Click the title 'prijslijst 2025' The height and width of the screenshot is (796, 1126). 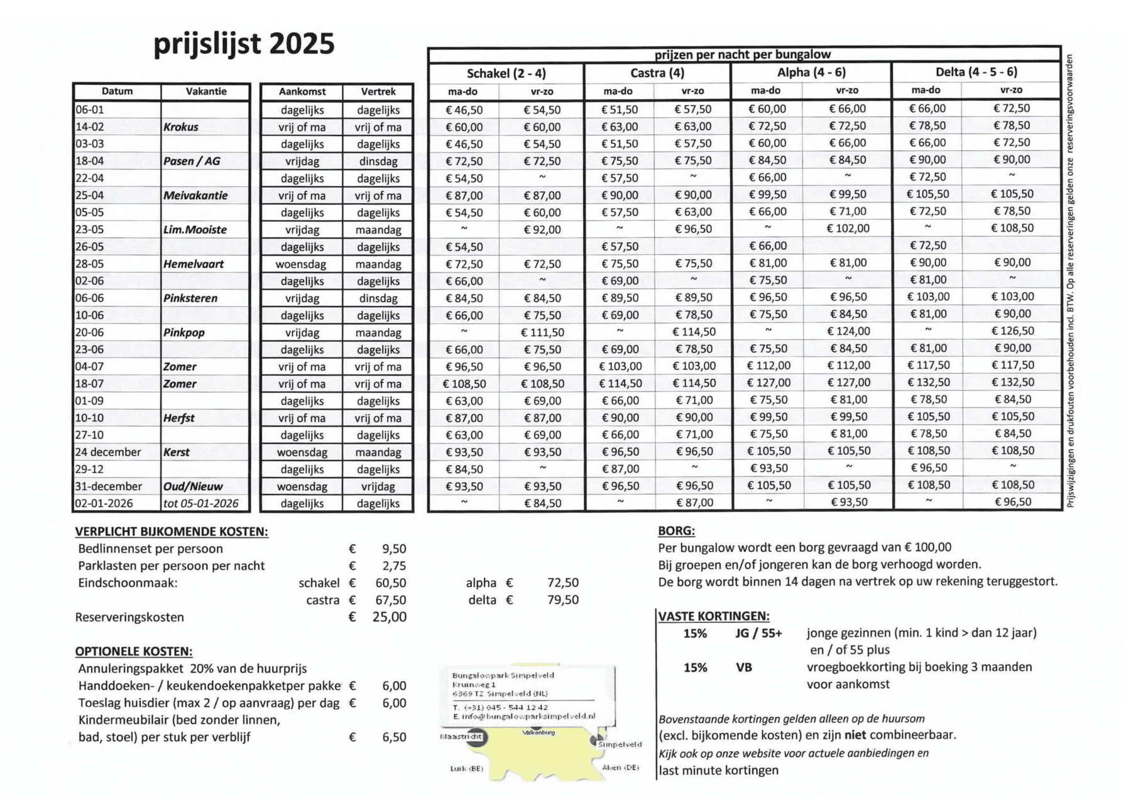[x=244, y=44]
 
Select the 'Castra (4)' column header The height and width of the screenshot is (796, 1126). [x=657, y=73]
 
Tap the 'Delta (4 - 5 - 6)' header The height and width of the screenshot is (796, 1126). [x=976, y=72]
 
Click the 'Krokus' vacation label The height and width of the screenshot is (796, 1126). [x=181, y=127]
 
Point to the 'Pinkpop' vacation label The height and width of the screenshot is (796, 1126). [x=184, y=332]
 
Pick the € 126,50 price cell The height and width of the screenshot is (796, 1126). [x=1012, y=330]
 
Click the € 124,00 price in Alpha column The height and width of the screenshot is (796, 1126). [x=848, y=331]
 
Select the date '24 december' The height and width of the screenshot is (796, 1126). [x=108, y=452]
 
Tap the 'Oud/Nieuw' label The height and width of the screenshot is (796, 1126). [x=193, y=486]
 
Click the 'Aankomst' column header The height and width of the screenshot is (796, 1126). [x=302, y=92]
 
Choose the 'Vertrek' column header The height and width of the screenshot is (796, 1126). [x=378, y=92]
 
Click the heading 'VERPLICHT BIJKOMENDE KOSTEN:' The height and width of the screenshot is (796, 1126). [x=172, y=532]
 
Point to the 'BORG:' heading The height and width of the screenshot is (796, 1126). [x=676, y=530]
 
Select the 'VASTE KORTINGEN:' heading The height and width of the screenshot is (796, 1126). [x=713, y=616]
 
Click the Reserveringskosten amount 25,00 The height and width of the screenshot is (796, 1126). [x=389, y=617]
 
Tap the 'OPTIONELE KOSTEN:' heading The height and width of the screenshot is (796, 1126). [x=134, y=652]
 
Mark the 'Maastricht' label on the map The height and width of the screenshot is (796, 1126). [x=461, y=736]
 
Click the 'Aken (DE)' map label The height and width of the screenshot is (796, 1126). [x=620, y=767]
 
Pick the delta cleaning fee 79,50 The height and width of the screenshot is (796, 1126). [x=562, y=600]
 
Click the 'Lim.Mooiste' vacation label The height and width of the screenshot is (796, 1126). [x=195, y=230]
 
